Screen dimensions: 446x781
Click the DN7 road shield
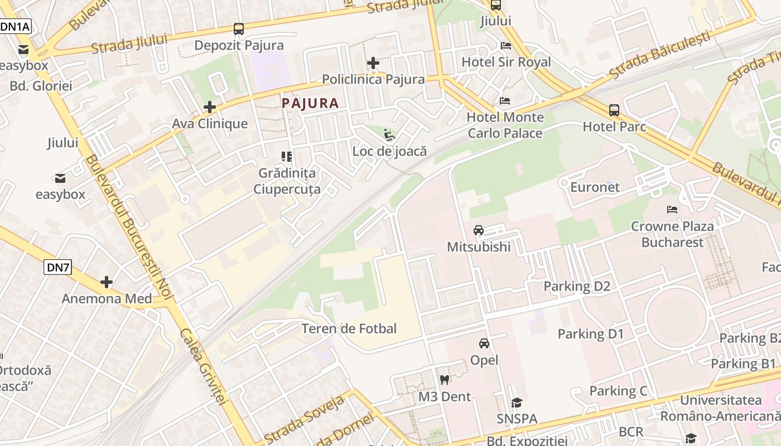click(58, 267)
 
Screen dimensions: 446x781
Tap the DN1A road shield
click(15, 26)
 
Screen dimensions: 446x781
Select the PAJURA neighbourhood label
click(310, 103)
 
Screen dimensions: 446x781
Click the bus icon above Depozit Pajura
click(239, 29)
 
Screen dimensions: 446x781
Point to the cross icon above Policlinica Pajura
click(373, 63)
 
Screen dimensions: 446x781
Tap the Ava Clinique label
click(210, 123)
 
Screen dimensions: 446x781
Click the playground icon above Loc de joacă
click(389, 135)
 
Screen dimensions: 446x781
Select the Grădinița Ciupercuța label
click(287, 181)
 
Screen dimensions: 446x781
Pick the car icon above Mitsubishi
click(479, 230)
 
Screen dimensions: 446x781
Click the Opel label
click(484, 360)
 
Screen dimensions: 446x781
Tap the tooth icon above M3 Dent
click(445, 380)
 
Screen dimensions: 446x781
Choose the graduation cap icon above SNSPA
click(517, 403)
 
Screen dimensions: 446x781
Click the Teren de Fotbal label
click(349, 329)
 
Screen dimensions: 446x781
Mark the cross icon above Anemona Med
click(107, 282)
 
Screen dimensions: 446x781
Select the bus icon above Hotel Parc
click(614, 110)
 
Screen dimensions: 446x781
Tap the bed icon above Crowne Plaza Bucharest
click(672, 210)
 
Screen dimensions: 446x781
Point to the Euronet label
click(595, 187)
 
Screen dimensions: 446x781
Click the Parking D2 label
click(577, 287)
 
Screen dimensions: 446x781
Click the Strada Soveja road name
click(304, 419)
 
